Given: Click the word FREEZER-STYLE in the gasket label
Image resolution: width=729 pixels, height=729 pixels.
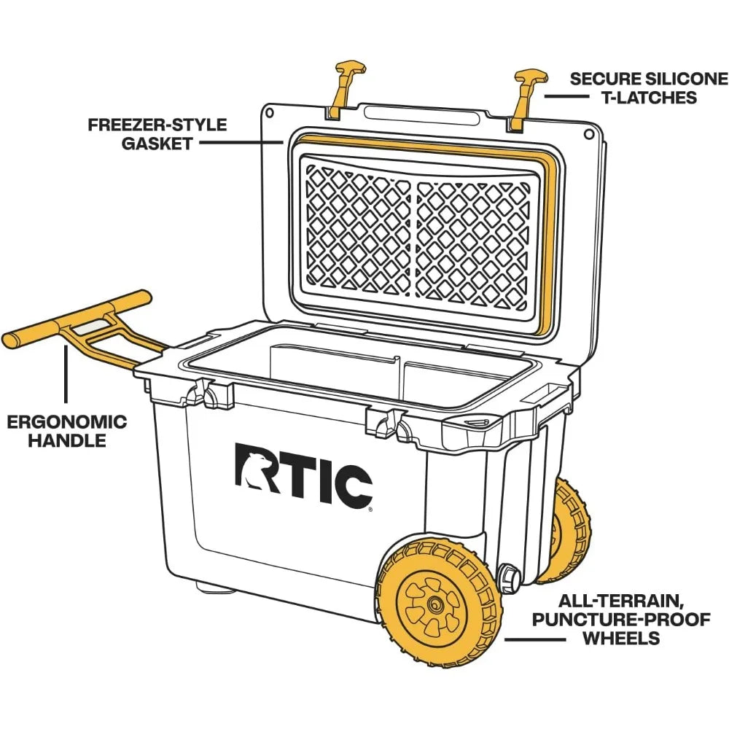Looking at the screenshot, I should (x=157, y=125).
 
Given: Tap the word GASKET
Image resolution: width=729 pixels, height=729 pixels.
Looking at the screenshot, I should (x=157, y=143).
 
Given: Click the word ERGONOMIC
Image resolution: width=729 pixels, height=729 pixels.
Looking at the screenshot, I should (x=67, y=422).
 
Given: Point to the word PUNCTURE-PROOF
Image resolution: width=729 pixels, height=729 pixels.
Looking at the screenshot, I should (x=631, y=620).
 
